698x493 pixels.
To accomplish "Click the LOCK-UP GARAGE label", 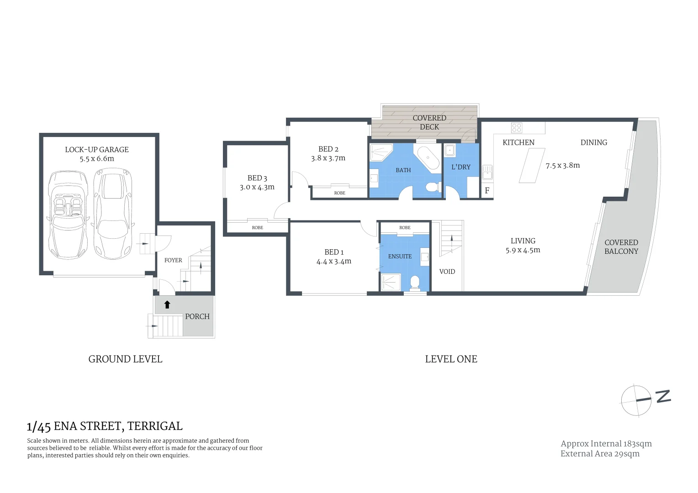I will tap(96, 150).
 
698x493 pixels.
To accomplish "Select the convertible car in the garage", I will tap(68, 215).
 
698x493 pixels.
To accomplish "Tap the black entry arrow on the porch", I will tap(167, 304).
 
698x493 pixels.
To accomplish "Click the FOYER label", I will tap(173, 260).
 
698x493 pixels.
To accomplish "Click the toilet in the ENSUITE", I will tap(415, 283).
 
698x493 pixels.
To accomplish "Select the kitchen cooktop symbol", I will tap(517, 127).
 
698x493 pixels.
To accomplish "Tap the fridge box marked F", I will tap(487, 191).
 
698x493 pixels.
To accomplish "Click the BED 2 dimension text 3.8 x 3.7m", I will tap(328, 158).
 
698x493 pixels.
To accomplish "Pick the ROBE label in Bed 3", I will tap(257, 227).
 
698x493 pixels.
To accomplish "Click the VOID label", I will tap(447, 272).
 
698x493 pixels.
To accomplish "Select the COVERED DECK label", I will tap(429, 122).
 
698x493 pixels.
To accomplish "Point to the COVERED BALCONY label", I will tap(621, 247).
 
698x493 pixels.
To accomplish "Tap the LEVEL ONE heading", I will tap(451, 359).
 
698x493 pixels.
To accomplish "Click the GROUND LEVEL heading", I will tap(125, 359).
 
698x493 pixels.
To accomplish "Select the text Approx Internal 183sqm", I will tap(606, 444).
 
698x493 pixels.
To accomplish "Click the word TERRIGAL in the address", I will tap(155, 426).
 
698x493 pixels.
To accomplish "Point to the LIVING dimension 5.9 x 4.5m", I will tap(523, 250).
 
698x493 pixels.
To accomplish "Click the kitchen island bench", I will tap(532, 165).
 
